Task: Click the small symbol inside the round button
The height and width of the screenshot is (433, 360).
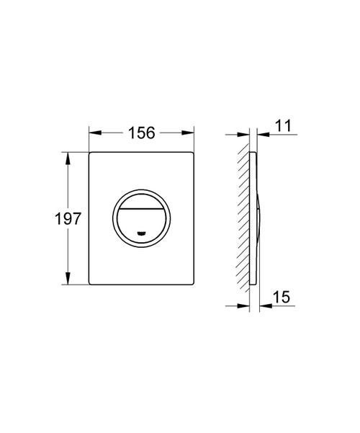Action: (x=141, y=233)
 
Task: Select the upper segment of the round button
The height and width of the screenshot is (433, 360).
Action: (x=142, y=200)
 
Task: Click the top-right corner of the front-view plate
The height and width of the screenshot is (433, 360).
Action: (x=194, y=153)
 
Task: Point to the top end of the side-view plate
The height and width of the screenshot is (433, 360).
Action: (x=251, y=153)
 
